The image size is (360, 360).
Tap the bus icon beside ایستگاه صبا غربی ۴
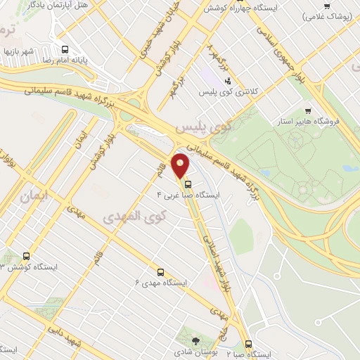point(187,185)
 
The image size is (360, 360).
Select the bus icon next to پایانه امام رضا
point(65,50)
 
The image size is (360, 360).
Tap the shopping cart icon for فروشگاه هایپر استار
point(308,110)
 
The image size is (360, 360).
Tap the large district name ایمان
point(32,179)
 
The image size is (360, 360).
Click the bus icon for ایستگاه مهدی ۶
point(160,272)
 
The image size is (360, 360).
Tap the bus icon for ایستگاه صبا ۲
point(248,344)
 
